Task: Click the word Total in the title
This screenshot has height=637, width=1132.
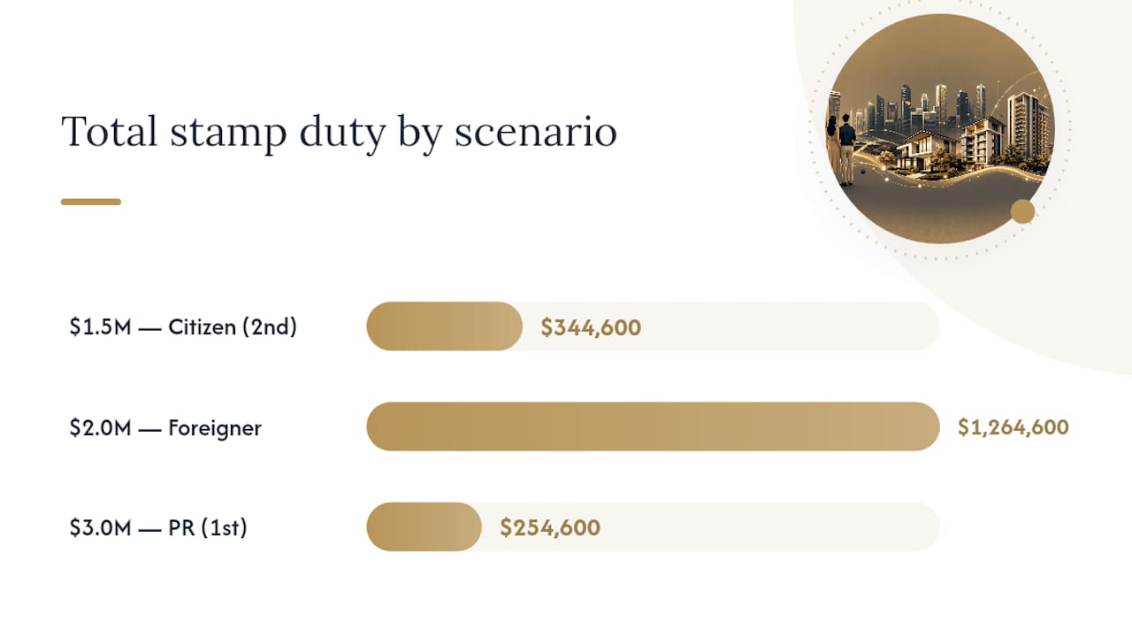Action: [109, 132]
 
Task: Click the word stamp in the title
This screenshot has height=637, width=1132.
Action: [228, 134]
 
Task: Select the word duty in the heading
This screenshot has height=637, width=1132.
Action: [342, 134]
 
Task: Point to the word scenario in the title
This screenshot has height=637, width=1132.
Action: [536, 132]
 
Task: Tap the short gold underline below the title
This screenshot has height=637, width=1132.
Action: [91, 202]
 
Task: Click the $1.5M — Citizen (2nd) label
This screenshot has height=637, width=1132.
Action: [183, 326]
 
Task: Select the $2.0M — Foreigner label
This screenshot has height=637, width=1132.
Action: [165, 427]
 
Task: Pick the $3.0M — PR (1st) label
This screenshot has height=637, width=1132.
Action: [158, 527]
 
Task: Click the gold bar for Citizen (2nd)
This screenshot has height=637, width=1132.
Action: [444, 326]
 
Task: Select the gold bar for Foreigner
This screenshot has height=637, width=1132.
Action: [653, 426]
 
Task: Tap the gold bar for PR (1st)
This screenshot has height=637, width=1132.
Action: [424, 526]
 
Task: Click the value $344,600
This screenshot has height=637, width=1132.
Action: [591, 327]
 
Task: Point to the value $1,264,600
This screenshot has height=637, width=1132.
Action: [1013, 427]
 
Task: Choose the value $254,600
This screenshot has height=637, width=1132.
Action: [550, 527]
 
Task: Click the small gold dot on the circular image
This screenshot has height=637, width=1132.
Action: [1023, 211]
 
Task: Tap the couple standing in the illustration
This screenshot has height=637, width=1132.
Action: [841, 150]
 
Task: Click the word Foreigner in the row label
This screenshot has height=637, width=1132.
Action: [215, 428]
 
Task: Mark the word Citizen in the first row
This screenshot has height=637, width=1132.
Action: [203, 326]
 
